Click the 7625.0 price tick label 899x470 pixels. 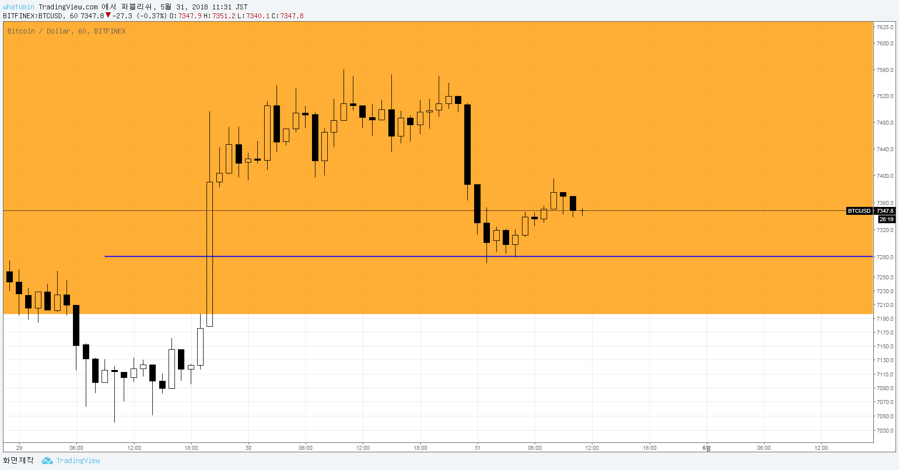[x=885, y=27]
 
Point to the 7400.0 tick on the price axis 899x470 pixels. [x=885, y=176]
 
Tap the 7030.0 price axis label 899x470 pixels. [x=885, y=431]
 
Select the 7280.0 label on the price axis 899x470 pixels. [x=885, y=257]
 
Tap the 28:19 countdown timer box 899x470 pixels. [x=886, y=219]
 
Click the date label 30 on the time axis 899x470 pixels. [x=248, y=448]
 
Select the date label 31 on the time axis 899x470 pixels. [x=477, y=448]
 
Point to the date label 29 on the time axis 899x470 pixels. [x=19, y=448]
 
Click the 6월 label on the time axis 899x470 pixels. [x=707, y=448]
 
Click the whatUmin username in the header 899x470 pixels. [x=19, y=7]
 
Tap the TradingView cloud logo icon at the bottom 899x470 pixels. [x=47, y=461]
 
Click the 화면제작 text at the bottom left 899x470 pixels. [x=18, y=460]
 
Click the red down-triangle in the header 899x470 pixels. [x=108, y=15]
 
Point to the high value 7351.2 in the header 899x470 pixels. [x=224, y=16]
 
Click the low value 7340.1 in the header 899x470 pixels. [x=258, y=16]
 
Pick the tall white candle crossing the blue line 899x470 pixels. [x=209, y=254]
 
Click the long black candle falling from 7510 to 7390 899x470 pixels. [x=467, y=144]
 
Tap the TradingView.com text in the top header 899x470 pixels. [x=68, y=7]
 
